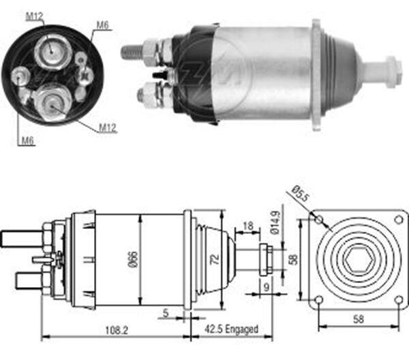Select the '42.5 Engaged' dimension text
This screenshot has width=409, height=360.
(x=231, y=329)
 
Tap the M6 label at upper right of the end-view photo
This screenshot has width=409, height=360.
(x=102, y=25)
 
